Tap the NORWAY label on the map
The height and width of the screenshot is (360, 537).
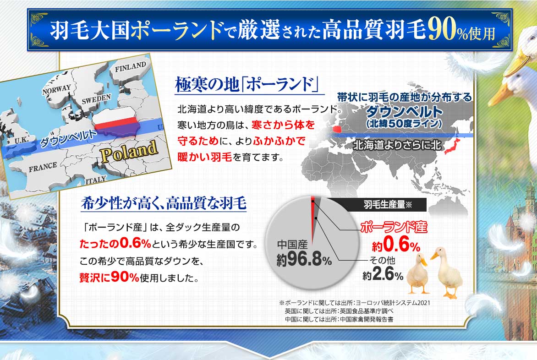pyautogui.click(x=56, y=90)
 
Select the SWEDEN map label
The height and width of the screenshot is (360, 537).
pyautogui.click(x=96, y=98)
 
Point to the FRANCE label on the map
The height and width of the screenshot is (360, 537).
pyautogui.click(x=43, y=167)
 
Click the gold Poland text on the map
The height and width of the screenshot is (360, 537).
pyautogui.click(x=129, y=151)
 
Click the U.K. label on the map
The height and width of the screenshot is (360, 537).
pyautogui.click(x=22, y=140)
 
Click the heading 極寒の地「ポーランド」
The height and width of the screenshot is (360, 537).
pyautogui.click(x=247, y=84)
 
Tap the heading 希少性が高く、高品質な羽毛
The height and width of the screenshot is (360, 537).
pyautogui.click(x=164, y=203)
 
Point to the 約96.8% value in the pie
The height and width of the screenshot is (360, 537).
pyautogui.click(x=304, y=259)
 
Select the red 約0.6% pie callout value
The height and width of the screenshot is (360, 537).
pyautogui.click(x=396, y=245)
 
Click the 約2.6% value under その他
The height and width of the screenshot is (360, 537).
pyautogui.click(x=383, y=275)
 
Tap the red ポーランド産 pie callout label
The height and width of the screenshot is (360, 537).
pyautogui.click(x=394, y=228)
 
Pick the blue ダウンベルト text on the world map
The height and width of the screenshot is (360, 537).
pyautogui.click(x=404, y=112)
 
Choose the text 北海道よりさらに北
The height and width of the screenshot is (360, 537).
pyautogui.click(x=397, y=145)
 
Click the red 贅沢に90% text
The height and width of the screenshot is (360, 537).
pyautogui.click(x=109, y=277)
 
